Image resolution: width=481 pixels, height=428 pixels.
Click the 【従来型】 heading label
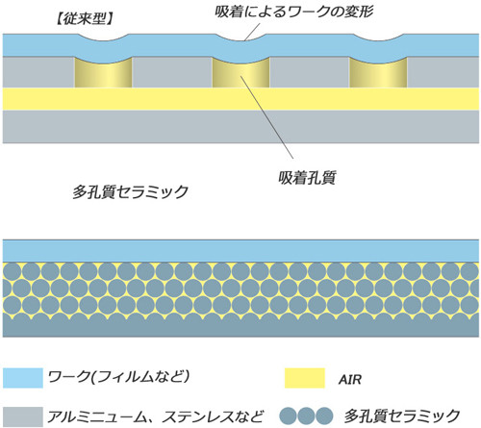[85, 19]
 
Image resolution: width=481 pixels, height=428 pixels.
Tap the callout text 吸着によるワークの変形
[293, 13]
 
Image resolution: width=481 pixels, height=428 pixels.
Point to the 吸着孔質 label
[307, 178]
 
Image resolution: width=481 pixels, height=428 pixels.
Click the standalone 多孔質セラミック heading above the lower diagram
[130, 192]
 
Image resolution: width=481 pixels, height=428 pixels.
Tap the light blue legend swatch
[23, 378]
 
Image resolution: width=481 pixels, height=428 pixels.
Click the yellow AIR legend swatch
[305, 378]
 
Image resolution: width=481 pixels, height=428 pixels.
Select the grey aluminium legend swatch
[23, 416]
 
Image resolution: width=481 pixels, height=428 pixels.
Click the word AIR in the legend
[349, 380]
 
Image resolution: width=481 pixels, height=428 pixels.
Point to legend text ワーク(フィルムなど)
[118, 377]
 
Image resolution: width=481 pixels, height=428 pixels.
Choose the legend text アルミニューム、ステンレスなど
[155, 416]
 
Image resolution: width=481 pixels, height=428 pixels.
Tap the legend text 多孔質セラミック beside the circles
[402, 416]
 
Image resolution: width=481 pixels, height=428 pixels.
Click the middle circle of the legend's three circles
[306, 415]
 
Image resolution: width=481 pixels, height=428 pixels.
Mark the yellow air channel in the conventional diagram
[240, 99]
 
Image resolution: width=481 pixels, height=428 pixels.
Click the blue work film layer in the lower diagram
[240, 251]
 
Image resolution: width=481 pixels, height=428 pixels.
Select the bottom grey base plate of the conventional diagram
[240, 127]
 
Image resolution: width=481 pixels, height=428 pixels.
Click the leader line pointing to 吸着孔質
[266, 117]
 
